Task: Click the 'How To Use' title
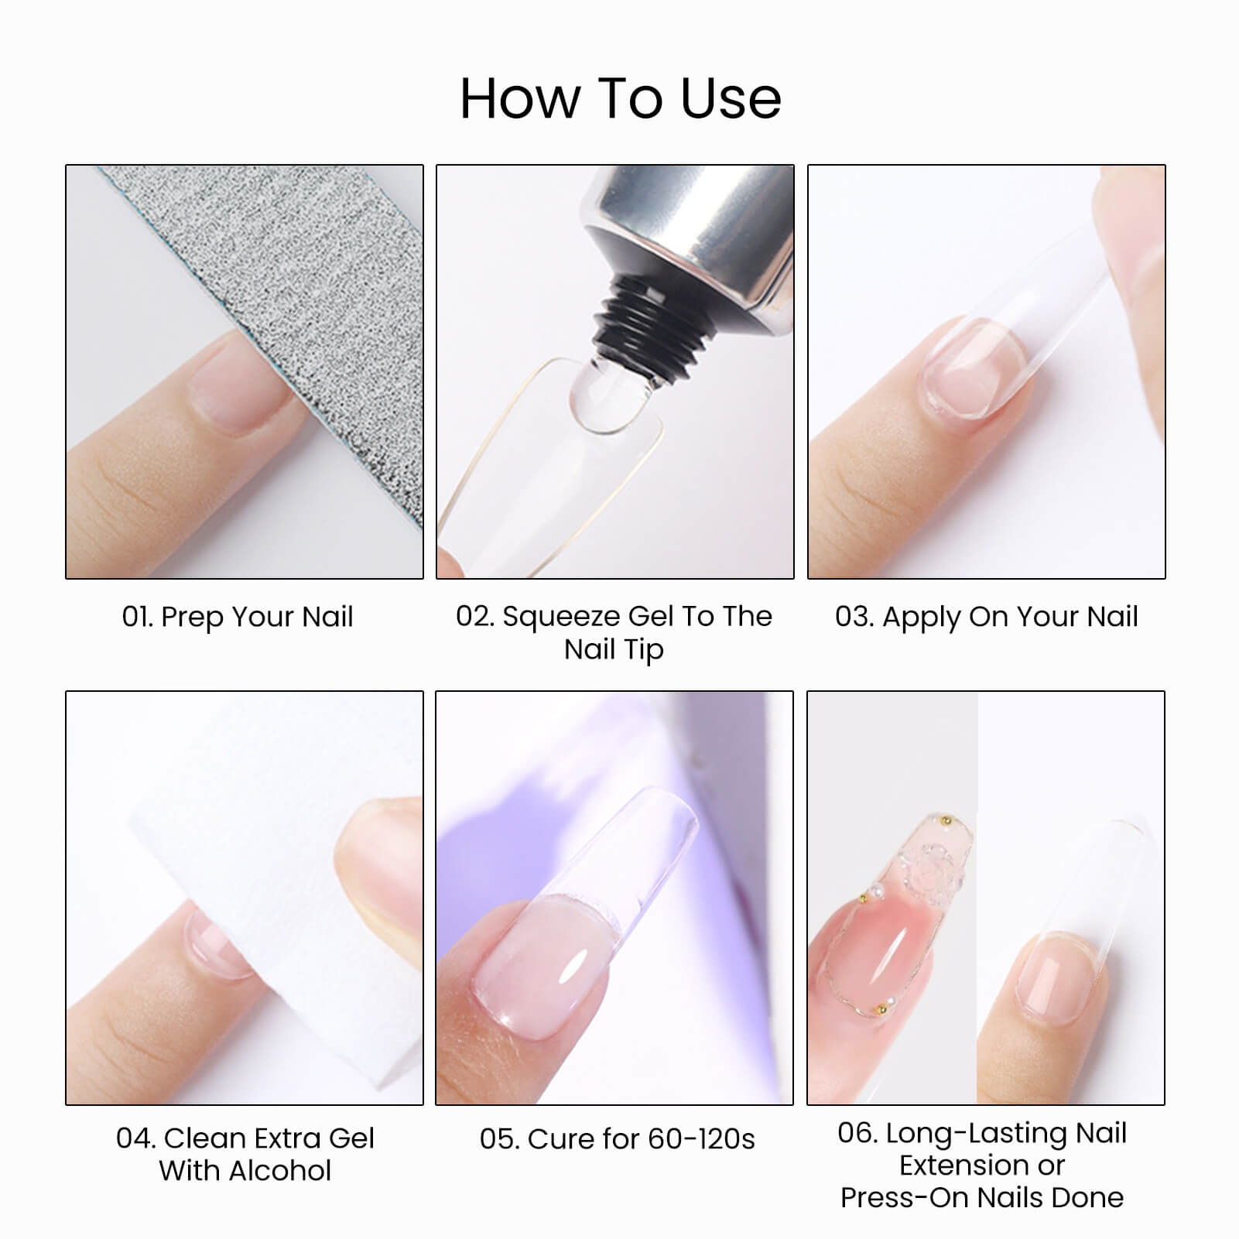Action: click(x=620, y=98)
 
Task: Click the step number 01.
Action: click(x=137, y=617)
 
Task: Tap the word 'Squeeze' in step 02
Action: click(x=562, y=616)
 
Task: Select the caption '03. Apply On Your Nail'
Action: click(x=986, y=617)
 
